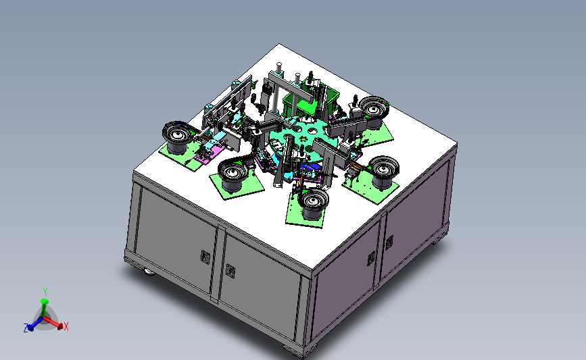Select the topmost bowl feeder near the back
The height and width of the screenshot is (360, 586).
point(373,108)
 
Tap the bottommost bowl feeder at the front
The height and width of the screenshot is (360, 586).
point(314,202)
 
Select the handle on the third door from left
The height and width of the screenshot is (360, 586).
point(371,258)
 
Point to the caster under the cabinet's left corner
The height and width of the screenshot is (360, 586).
point(147,272)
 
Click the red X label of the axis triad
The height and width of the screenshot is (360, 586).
point(66,327)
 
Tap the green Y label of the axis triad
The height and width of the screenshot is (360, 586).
point(45,290)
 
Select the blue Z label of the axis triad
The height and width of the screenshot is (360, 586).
point(26,328)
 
